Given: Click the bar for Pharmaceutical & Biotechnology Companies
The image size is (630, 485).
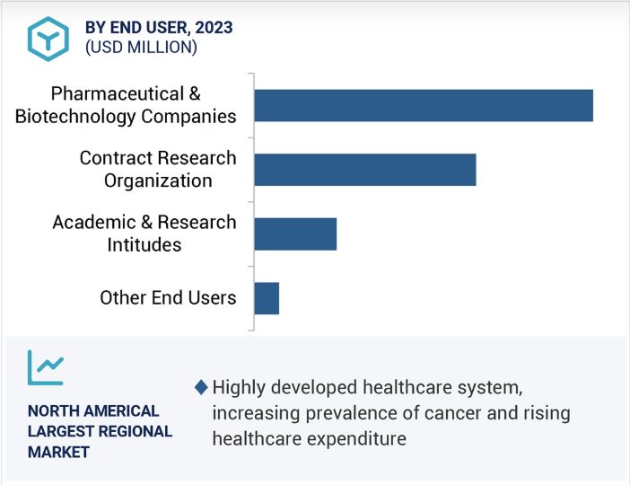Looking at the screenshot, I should [x=423, y=105].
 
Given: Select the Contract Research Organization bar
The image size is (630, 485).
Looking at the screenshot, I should [x=364, y=169].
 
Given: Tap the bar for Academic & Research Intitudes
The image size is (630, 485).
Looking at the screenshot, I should [x=295, y=234].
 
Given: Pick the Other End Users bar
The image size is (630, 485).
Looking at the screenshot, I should [x=267, y=298].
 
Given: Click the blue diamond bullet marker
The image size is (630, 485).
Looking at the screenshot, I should [x=200, y=388].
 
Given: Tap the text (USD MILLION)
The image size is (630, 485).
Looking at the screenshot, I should [x=141, y=48].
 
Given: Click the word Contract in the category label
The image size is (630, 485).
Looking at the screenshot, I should [x=115, y=158].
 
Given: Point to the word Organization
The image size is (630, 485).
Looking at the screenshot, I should [x=158, y=181].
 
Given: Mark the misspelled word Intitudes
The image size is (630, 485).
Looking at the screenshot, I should [x=144, y=245].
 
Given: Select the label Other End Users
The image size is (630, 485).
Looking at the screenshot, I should [x=168, y=298].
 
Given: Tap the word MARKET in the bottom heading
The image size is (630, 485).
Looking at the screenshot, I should [x=58, y=452].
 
